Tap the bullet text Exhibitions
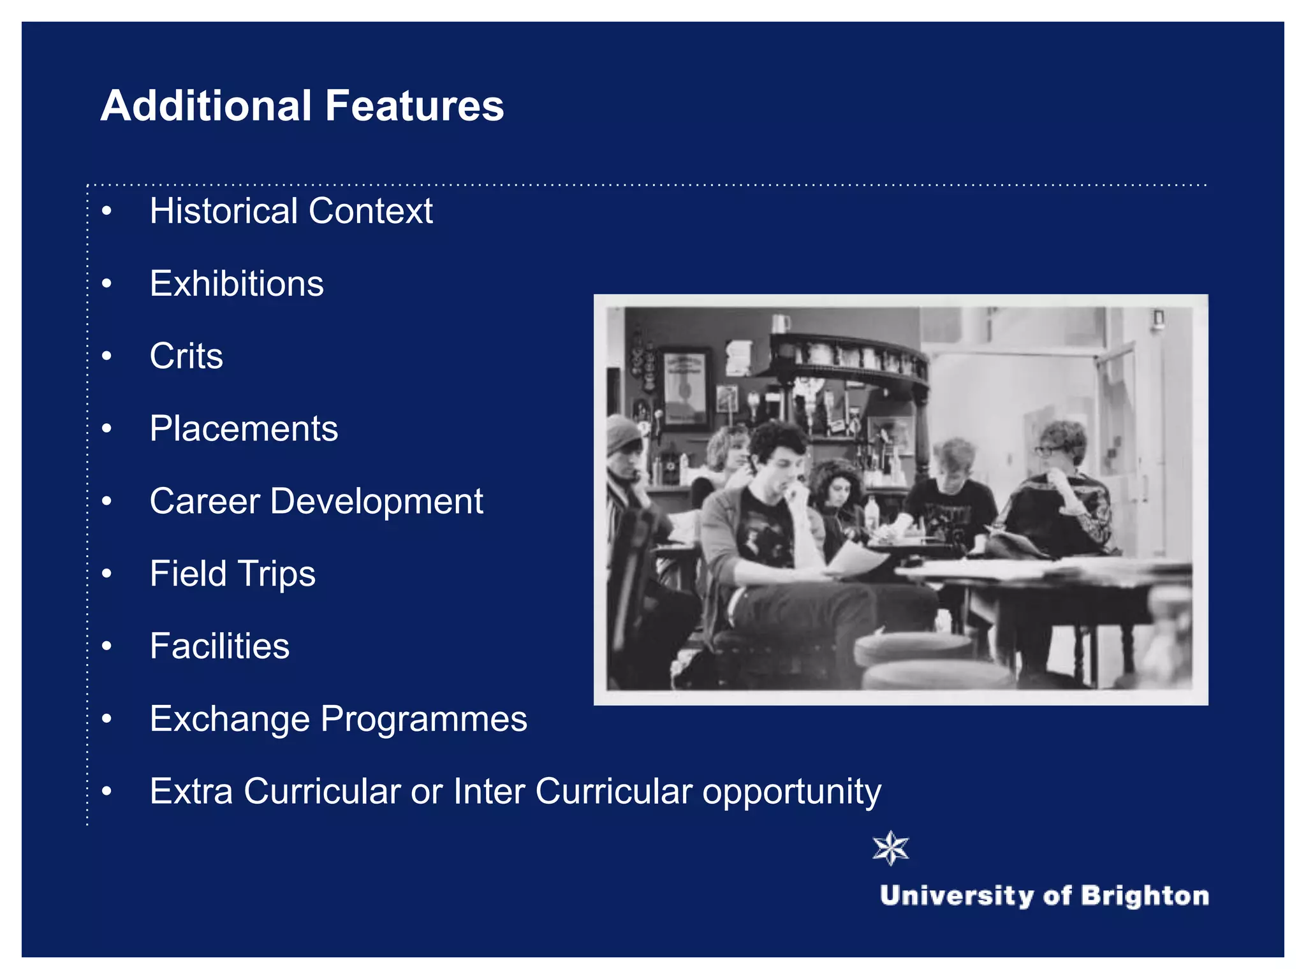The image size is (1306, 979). [x=237, y=284]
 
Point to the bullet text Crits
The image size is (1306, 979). [x=186, y=356]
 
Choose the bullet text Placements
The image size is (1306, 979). [x=244, y=428]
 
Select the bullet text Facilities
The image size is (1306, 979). [x=219, y=646]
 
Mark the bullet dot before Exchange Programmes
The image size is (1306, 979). [x=106, y=719]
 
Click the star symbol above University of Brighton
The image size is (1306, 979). [x=890, y=848]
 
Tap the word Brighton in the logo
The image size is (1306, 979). [x=1145, y=896]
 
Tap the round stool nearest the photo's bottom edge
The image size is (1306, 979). [x=937, y=676]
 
